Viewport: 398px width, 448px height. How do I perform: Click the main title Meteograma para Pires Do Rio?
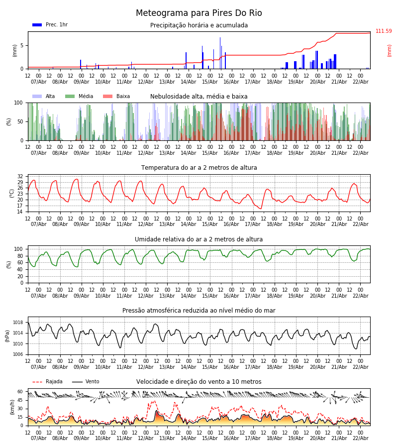[199, 13]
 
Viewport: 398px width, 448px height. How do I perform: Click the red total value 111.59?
[384, 31]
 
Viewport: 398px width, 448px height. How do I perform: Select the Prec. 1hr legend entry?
[50, 25]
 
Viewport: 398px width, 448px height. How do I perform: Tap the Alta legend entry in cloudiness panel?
[44, 97]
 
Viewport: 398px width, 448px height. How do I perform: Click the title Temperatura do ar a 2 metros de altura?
[199, 168]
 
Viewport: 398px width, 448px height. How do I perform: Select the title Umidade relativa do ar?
[199, 239]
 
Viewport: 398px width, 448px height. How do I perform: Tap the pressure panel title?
[199, 311]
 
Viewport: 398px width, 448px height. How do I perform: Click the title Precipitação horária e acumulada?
[199, 25]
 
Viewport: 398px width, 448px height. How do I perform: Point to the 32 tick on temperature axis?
[20, 177]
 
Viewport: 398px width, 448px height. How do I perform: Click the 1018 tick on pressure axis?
[18, 322]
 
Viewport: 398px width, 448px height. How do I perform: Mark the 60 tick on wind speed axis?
[20, 392]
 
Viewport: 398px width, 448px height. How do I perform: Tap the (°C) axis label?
[12, 193]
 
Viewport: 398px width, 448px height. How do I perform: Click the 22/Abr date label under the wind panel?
[360, 439]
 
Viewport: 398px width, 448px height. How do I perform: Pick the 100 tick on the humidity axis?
[18, 249]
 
